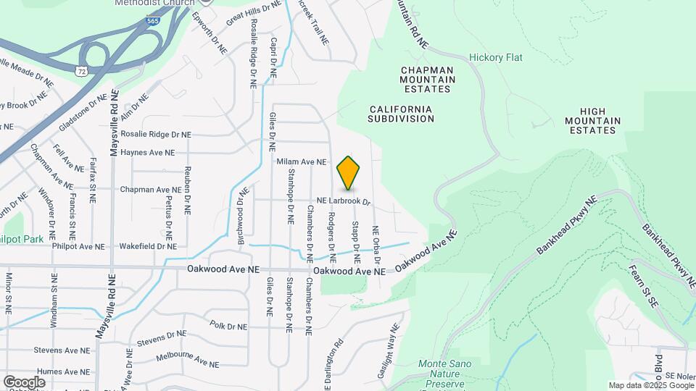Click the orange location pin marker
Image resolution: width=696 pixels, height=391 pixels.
[349, 172]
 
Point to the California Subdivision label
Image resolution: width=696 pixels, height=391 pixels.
[401, 114]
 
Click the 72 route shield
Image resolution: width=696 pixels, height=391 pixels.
[80, 70]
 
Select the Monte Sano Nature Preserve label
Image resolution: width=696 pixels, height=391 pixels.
[444, 369]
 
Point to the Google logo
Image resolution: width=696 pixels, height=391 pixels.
[24, 382]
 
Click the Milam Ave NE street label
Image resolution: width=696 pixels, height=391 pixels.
[302, 161]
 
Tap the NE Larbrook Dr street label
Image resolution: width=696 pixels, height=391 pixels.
[344, 201]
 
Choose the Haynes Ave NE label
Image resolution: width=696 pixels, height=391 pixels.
[148, 153]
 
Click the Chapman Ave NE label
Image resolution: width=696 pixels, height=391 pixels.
[150, 190]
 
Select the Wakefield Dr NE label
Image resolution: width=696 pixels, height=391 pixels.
[147, 246]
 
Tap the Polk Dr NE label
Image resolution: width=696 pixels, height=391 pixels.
[228, 327]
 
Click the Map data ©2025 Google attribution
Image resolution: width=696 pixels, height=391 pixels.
[651, 385]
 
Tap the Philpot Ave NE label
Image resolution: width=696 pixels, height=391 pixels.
[78, 246]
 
